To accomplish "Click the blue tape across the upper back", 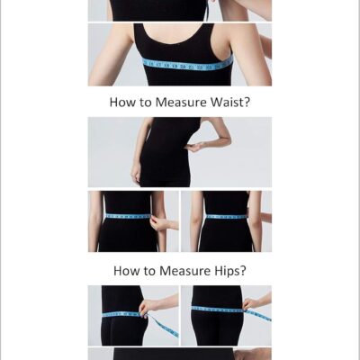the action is click(x=188, y=64).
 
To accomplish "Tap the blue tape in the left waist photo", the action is click(x=128, y=216).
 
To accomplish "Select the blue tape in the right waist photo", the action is click(x=227, y=216).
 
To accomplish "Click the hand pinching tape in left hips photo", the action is click(x=147, y=309).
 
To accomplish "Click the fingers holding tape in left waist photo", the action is click(x=157, y=223).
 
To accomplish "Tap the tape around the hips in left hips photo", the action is click(x=121, y=314).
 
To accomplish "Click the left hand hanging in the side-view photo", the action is click(x=136, y=175).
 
